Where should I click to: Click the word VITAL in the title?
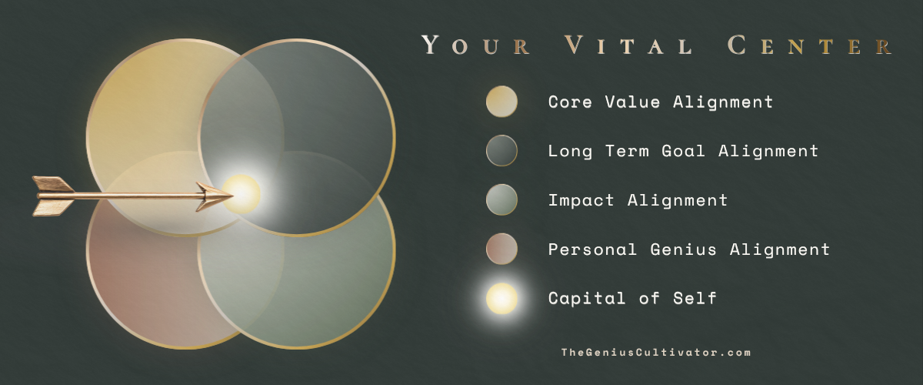[x=628, y=45]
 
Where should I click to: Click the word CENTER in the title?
[x=811, y=45]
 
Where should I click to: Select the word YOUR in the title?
[x=476, y=45]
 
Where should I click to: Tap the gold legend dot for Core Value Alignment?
[x=501, y=102]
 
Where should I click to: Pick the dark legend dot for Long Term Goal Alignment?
[x=501, y=151]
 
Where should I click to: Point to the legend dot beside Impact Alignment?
[x=501, y=199]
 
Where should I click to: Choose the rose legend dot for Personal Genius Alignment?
[x=501, y=249]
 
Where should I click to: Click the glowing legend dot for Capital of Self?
[x=501, y=298]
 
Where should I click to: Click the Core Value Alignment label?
[x=661, y=102]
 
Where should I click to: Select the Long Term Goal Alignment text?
[x=683, y=151]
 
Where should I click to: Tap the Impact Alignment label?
[x=638, y=200]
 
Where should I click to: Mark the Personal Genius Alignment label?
[x=689, y=249]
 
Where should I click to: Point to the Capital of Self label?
[x=632, y=298]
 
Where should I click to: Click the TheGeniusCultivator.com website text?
[x=656, y=353]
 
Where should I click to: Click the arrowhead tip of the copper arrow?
[x=233, y=196]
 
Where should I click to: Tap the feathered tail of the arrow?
[x=54, y=196]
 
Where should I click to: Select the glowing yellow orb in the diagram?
[x=242, y=193]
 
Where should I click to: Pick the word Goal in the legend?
[x=683, y=151]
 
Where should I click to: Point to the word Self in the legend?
[x=695, y=298]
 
